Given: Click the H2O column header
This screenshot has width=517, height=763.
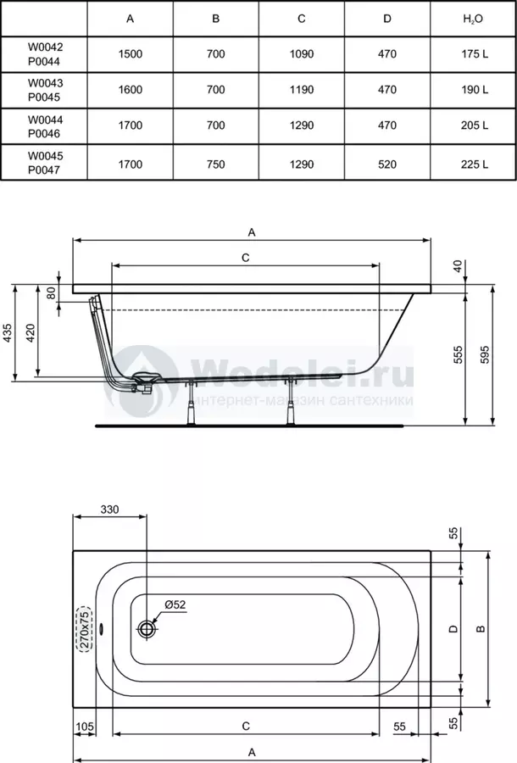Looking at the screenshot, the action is (x=473, y=19).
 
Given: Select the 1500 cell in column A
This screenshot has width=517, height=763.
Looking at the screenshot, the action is (x=131, y=54).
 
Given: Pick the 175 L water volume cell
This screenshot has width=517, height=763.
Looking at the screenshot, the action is (x=475, y=54).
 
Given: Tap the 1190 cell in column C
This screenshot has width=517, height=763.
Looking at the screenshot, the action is (x=302, y=90).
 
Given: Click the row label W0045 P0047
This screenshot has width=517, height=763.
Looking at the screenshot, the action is (x=45, y=163).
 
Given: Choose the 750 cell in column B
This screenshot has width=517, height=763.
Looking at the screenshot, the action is (x=216, y=164).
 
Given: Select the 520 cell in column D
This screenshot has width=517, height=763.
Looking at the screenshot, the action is (x=387, y=164).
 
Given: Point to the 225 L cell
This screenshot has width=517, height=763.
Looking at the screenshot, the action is (x=475, y=164).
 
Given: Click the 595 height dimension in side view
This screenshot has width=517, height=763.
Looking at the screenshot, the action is (x=485, y=354).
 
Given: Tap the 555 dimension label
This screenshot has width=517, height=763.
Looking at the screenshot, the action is (x=459, y=354).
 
